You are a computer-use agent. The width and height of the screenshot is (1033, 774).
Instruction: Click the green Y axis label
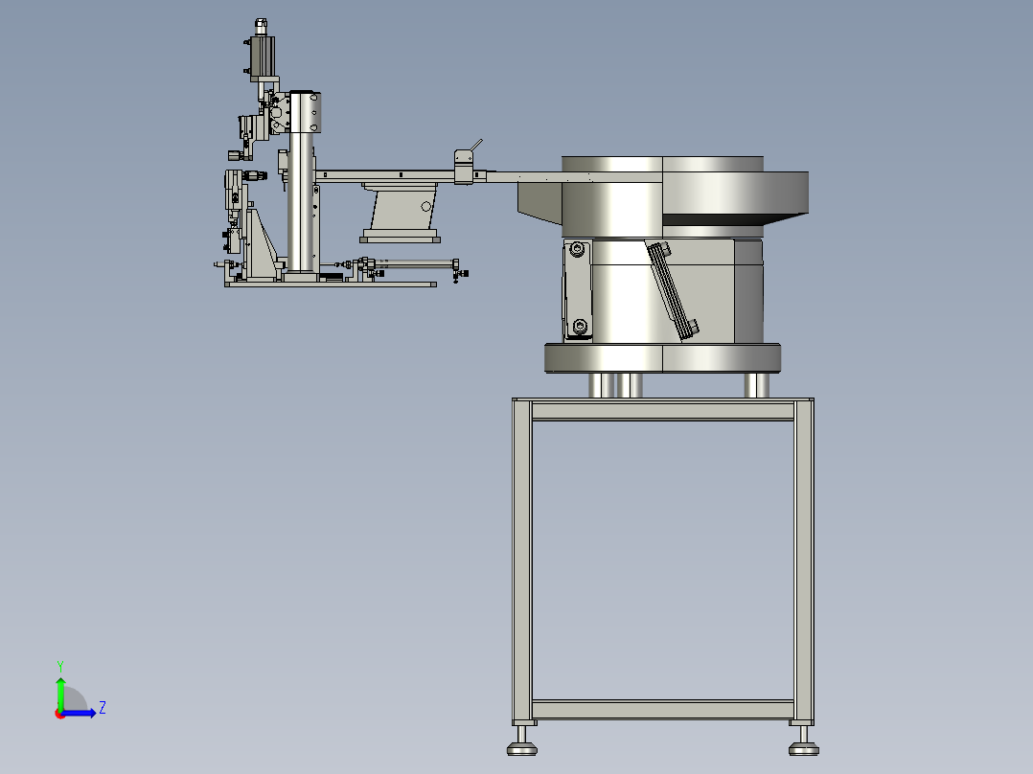tap(60, 666)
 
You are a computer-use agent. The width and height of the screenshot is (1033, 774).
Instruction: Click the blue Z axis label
tap(103, 708)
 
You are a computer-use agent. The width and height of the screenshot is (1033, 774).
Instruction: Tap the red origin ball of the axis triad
tap(60, 714)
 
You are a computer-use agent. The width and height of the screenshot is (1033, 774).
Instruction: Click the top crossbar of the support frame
tap(663, 411)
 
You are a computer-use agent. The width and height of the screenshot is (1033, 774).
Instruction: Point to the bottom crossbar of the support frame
tap(663, 710)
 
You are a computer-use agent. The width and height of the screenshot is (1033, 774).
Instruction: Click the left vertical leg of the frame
tap(521, 560)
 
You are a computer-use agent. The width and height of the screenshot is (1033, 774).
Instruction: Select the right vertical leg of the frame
tap(804, 560)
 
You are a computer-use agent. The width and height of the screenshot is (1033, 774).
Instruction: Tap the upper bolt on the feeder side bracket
tap(579, 250)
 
